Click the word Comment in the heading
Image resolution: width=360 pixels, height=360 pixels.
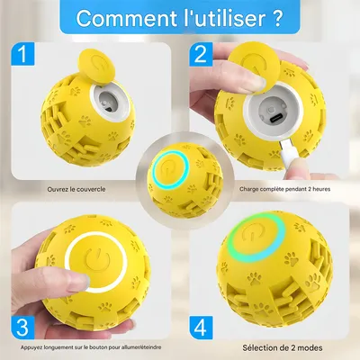(x=119, y=18)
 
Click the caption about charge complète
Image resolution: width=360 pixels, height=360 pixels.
(x=276, y=189)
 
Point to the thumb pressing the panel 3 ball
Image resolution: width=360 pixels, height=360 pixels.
(x=36, y=270)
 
